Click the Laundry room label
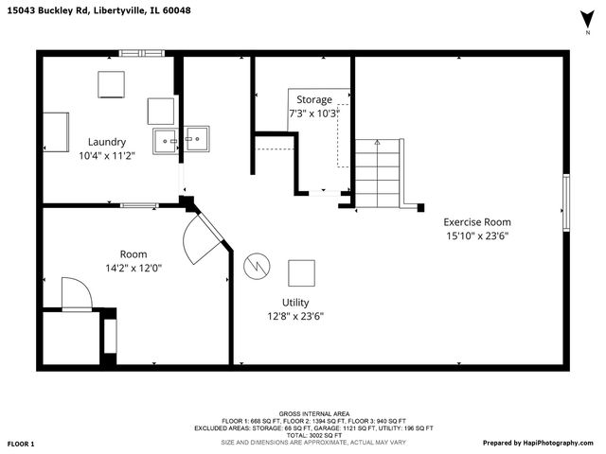click(107, 142)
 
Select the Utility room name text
click(295, 302)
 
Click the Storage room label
click(314, 99)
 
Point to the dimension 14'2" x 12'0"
click(134, 268)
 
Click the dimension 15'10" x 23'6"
click(477, 236)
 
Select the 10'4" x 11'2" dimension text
click(107, 156)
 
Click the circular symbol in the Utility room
click(256, 267)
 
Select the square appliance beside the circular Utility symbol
click(302, 273)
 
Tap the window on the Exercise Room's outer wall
click(566, 202)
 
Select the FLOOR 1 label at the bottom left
click(21, 443)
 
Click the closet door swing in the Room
click(75, 293)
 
